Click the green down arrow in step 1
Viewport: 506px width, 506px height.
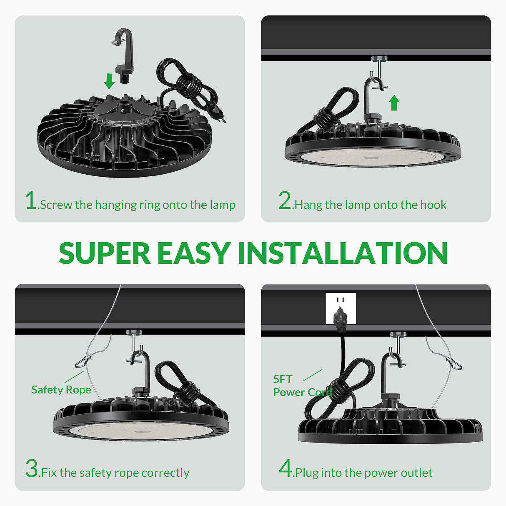[x=109, y=81]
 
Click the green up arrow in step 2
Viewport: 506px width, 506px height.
[x=394, y=103]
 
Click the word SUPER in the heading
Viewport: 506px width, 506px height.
[x=104, y=253]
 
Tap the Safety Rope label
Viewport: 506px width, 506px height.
[x=61, y=390]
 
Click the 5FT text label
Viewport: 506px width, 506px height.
[x=283, y=379]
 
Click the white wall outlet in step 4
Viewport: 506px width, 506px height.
[x=341, y=308]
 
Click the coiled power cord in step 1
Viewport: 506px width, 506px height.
[x=185, y=85]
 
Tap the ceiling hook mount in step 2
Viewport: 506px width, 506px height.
[x=379, y=59]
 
